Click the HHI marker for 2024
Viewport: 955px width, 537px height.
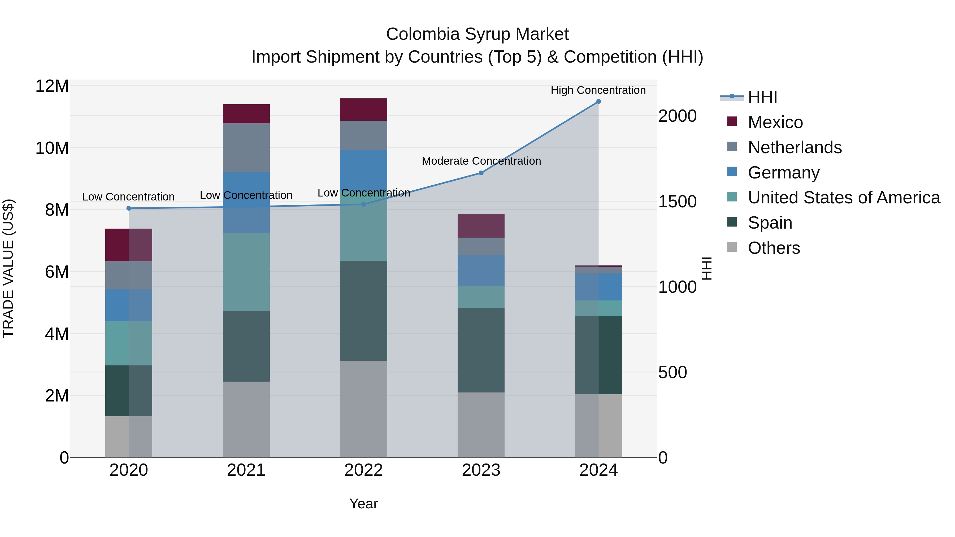[x=598, y=102]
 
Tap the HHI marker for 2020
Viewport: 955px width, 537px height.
[x=129, y=208]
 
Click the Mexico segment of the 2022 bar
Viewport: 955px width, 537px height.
[x=363, y=110]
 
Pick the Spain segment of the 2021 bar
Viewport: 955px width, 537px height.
[x=246, y=346]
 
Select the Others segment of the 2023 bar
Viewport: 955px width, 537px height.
[x=481, y=425]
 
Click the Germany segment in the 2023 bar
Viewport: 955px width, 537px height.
[x=481, y=270]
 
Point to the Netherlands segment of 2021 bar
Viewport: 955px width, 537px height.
[x=246, y=147]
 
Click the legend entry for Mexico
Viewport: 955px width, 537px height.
[x=775, y=122]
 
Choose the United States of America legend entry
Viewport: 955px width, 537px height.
[x=843, y=198]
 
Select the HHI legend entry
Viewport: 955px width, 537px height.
[x=762, y=97]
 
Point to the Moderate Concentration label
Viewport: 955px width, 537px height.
[x=481, y=161]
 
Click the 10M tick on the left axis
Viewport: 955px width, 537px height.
[x=52, y=148]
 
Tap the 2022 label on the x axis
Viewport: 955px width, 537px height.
[x=363, y=470]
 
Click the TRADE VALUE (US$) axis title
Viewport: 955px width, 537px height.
[x=8, y=268]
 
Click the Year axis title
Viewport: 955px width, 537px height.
[x=363, y=504]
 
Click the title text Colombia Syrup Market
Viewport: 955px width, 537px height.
[x=477, y=34]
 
